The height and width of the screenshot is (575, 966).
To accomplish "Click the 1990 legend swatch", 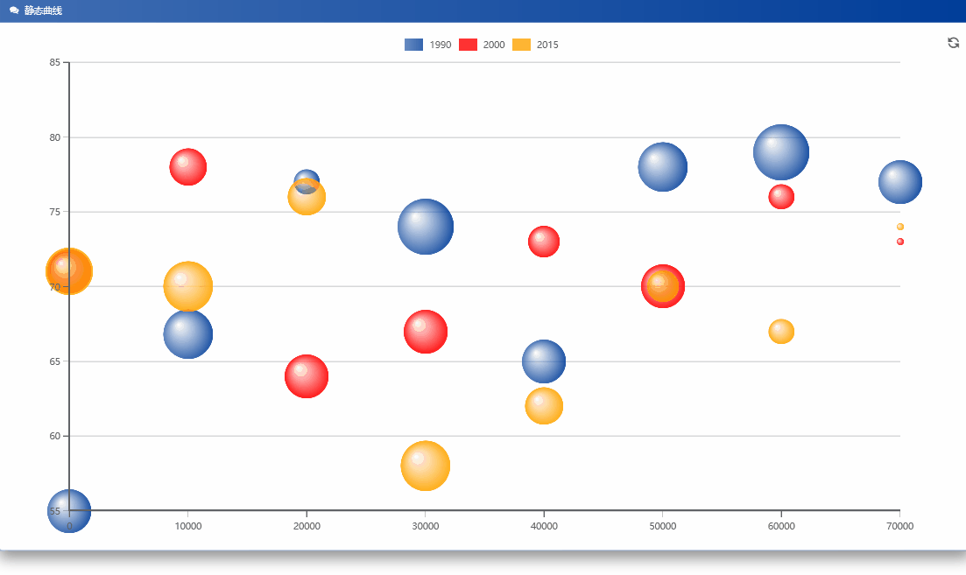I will (x=414, y=45).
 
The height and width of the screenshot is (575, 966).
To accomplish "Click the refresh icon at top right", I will (x=954, y=43).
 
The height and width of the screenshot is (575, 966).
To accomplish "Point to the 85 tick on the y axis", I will (x=55, y=63).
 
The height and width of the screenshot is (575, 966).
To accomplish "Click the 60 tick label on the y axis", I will (x=55, y=436).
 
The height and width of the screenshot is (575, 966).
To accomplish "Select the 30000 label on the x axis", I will (x=426, y=526).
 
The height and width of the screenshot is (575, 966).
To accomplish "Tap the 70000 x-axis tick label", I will (x=899, y=526).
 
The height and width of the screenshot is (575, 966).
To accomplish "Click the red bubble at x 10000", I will (x=188, y=167).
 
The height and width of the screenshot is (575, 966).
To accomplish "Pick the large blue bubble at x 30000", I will (x=426, y=227).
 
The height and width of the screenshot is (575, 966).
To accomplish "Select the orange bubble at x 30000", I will (x=426, y=466).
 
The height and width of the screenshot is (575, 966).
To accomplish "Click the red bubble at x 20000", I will (x=307, y=376).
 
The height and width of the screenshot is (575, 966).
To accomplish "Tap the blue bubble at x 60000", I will (x=781, y=152).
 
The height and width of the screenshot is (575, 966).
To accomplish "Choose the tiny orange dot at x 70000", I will (x=900, y=227).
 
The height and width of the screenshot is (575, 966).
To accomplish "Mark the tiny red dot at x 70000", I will (x=900, y=242).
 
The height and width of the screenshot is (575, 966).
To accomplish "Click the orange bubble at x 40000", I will (x=544, y=406).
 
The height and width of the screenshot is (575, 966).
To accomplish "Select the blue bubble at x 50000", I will (x=663, y=166).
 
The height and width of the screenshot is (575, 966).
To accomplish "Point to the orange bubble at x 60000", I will (x=781, y=332).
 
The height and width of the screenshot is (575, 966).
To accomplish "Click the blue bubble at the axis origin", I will (x=69, y=511).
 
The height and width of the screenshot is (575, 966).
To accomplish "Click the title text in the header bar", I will (x=43, y=11).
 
